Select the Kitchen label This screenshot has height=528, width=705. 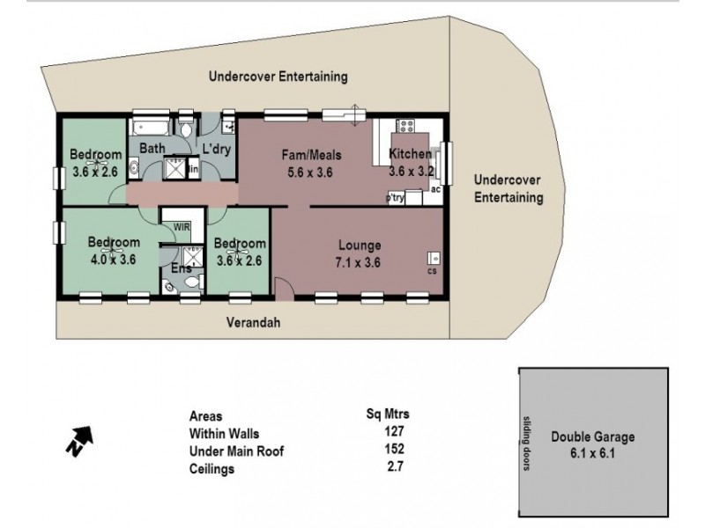coord(410,155)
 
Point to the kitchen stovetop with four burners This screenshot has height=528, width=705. coord(406,127)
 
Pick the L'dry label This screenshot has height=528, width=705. coord(217,149)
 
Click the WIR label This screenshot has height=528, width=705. coord(182,226)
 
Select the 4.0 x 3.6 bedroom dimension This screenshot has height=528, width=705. coord(114,259)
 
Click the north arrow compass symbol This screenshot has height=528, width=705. coord(78,440)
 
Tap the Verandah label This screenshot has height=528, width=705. coord(254,322)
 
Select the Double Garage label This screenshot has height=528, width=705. coord(592,436)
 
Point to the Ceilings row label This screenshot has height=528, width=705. coord(212,470)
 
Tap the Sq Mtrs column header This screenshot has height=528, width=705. coord(388,414)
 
